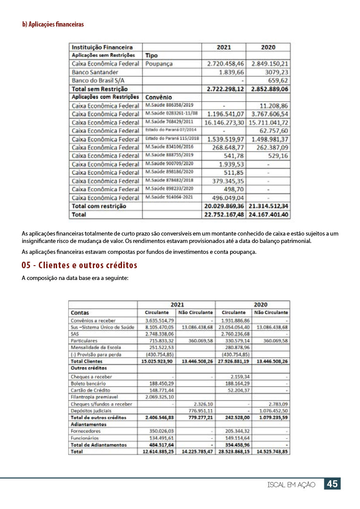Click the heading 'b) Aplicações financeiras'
click(x=53, y=24)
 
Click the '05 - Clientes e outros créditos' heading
click(x=79, y=265)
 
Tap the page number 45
click(x=332, y=484)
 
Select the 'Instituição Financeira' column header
click(x=102, y=47)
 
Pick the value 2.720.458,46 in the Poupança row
click(x=225, y=64)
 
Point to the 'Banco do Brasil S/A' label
click(x=98, y=81)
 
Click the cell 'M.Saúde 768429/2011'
click(x=169, y=122)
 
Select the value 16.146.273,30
click(x=224, y=122)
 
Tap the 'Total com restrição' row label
click(x=99, y=206)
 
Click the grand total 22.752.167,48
click(x=224, y=215)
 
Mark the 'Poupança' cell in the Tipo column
click(x=159, y=64)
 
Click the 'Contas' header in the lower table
click(x=80, y=313)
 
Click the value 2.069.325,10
click(x=159, y=397)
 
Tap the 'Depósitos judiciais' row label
click(x=91, y=411)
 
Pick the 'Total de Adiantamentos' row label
click(x=98, y=445)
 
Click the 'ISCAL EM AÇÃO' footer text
click(x=292, y=485)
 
